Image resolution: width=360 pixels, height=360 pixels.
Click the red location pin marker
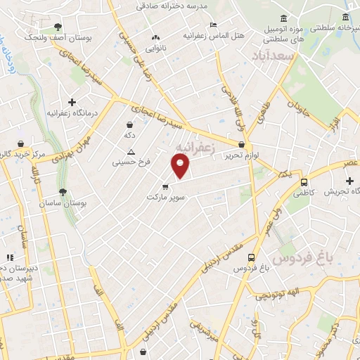[x=181, y=166]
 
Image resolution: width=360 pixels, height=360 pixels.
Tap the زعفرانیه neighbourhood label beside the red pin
[x=194, y=146]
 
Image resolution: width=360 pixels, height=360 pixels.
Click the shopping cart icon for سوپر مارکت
[x=165, y=187]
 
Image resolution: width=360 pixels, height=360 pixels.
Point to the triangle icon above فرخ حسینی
[x=130, y=153]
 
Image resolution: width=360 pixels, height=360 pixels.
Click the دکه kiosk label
[x=130, y=134]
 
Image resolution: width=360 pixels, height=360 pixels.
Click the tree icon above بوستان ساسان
[x=63, y=192]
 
